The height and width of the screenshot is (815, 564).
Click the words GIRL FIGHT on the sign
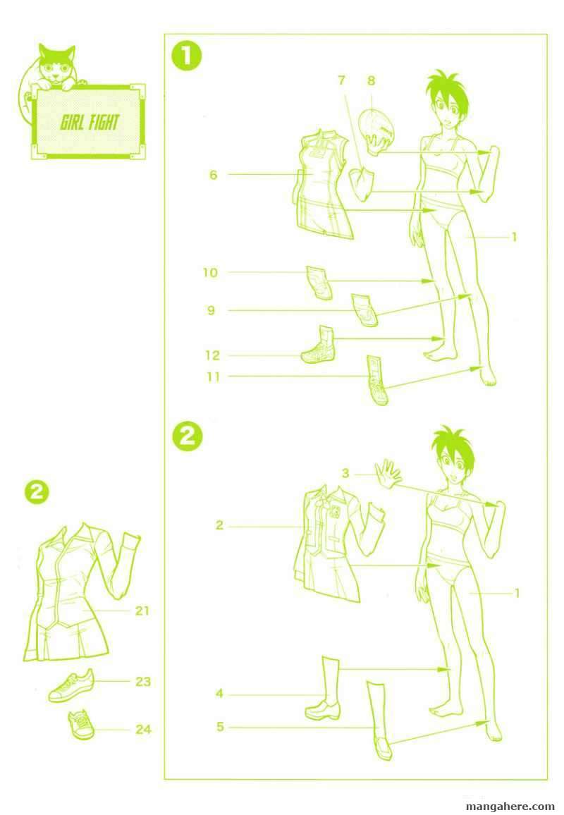[90, 123]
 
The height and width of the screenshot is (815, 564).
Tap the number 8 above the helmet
[371, 80]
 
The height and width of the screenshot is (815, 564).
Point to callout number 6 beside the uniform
[213, 175]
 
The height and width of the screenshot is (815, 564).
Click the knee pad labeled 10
[319, 283]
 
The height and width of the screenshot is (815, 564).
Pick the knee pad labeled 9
[364, 310]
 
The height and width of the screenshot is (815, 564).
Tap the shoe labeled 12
[319, 345]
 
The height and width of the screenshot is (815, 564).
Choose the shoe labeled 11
[377, 380]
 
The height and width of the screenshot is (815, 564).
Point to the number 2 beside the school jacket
[219, 525]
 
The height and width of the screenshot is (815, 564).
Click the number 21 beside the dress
[142, 611]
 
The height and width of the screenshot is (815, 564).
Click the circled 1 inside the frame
[187, 56]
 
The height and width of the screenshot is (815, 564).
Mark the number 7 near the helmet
[341, 80]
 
